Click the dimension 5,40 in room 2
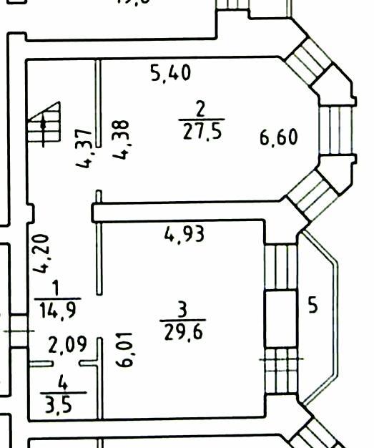click(170, 73)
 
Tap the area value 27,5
click(202, 132)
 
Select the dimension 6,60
click(279, 137)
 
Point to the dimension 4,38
click(121, 140)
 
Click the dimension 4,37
click(84, 149)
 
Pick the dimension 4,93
click(184, 234)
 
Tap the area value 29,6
click(184, 333)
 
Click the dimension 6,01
click(124, 349)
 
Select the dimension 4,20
click(41, 254)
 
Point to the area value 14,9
click(58, 311)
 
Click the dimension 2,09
click(67, 344)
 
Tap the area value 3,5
click(59, 405)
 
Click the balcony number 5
click(313, 305)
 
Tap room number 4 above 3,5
click(63, 383)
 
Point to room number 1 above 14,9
click(56, 288)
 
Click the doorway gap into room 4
click(66, 364)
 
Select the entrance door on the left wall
click(19, 331)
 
